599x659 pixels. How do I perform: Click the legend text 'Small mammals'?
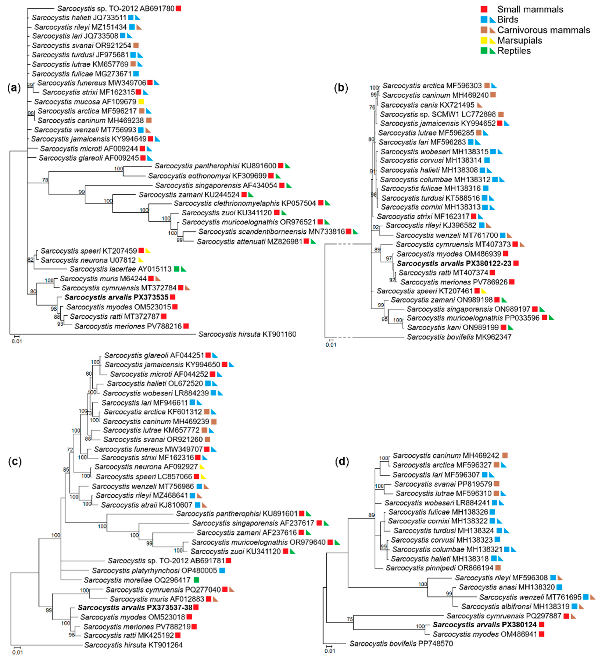click(x=530, y=10)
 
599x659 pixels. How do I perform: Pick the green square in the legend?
click(x=484, y=51)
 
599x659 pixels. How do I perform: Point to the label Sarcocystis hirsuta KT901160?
click(x=247, y=334)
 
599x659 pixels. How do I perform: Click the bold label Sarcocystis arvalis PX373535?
click(x=116, y=297)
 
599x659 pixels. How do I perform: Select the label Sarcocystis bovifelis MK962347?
click(x=459, y=337)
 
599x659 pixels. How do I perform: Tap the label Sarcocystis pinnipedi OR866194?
click(x=439, y=568)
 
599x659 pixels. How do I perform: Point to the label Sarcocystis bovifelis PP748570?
click(x=401, y=644)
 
